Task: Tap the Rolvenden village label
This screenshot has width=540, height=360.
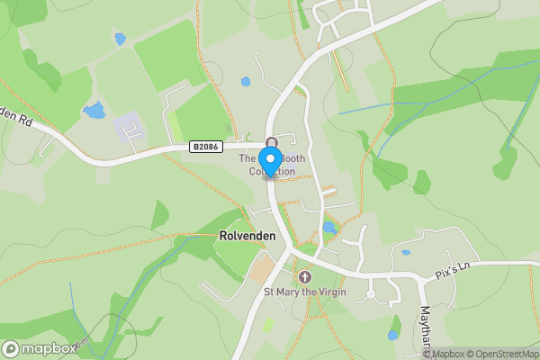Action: [247, 236]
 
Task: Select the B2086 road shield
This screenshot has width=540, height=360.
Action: [204, 146]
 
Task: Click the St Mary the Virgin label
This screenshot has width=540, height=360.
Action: [303, 292]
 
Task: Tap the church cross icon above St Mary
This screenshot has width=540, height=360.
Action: [304, 276]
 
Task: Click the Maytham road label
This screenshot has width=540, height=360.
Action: [426, 329]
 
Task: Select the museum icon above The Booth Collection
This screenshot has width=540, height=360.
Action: [271, 142]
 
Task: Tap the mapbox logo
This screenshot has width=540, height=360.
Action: [39, 348]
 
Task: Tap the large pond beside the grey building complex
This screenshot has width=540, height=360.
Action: [94, 111]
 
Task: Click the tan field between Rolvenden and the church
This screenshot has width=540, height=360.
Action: [261, 268]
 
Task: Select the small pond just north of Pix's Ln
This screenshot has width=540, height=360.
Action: [406, 253]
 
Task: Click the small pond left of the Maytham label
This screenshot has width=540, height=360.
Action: [393, 334]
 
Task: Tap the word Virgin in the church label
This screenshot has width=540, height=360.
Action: [328, 292]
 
